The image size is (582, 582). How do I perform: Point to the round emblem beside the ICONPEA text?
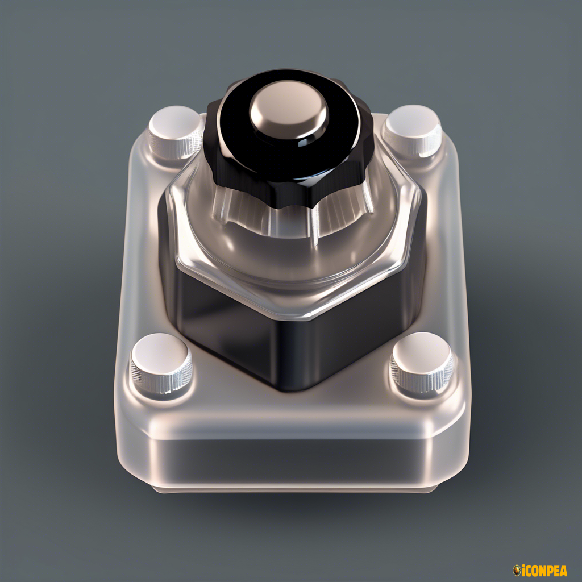click(x=517, y=569)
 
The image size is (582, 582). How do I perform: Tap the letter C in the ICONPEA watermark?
click(x=529, y=569)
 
